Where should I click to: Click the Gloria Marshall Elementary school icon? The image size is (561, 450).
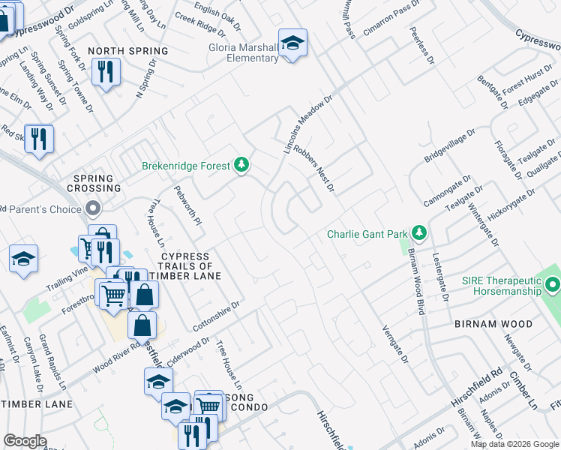click(x=292, y=43)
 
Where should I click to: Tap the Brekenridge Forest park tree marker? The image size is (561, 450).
click(x=241, y=164)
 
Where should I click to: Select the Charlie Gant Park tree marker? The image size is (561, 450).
click(x=418, y=233)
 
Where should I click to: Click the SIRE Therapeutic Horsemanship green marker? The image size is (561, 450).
click(x=553, y=284)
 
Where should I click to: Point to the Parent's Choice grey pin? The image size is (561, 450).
click(x=93, y=208)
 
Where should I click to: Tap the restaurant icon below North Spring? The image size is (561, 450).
click(x=105, y=72)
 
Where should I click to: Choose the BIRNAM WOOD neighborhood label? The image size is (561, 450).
click(x=493, y=324)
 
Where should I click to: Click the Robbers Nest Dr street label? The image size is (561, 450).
click(x=314, y=167)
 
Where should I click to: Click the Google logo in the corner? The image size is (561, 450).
click(x=25, y=441)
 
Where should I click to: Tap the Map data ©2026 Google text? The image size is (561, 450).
click(x=514, y=444)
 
